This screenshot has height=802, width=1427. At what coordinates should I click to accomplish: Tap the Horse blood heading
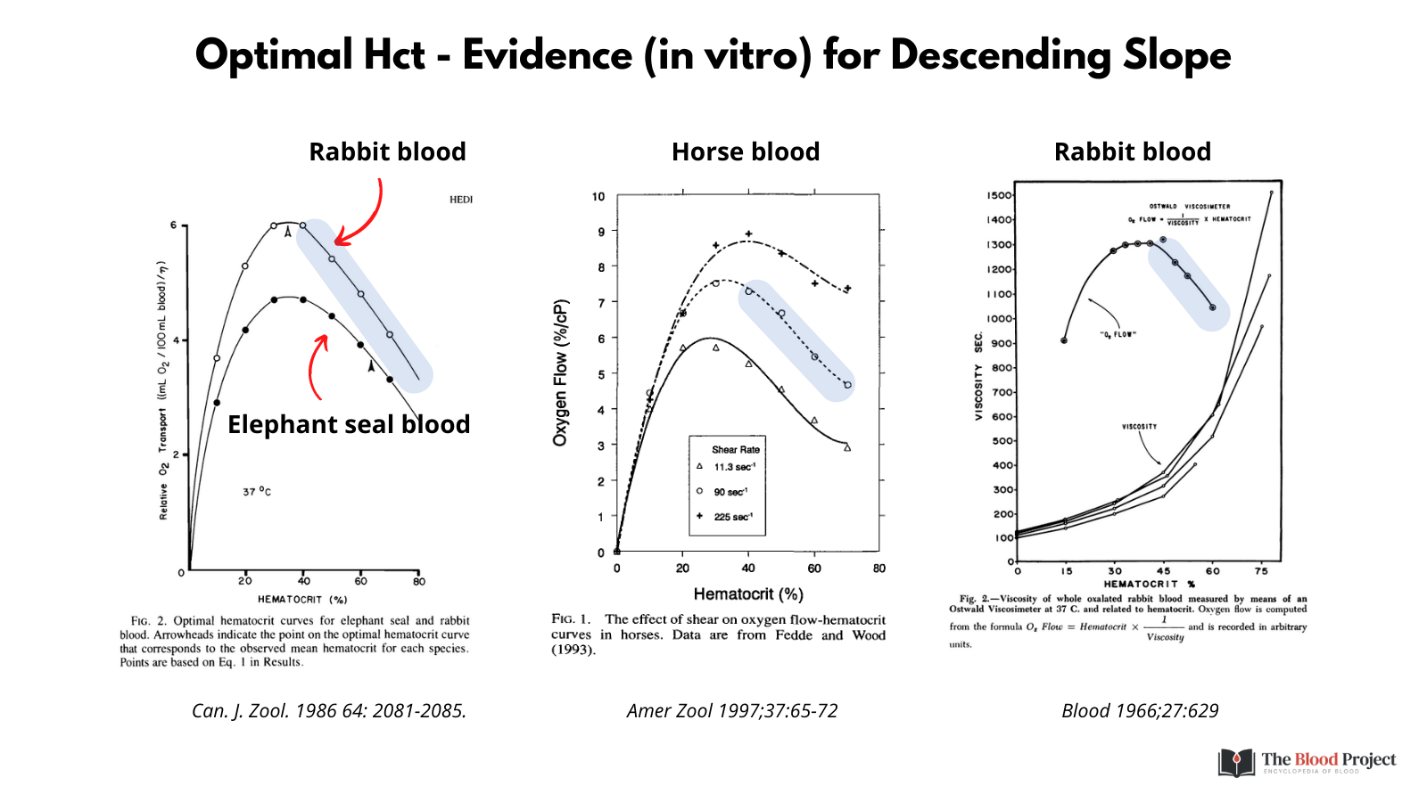click(x=746, y=152)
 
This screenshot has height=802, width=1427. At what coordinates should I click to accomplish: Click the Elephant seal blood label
click(x=349, y=424)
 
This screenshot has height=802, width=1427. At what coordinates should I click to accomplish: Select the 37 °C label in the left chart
click(x=257, y=491)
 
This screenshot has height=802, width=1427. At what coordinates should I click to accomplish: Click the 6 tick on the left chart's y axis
click(x=174, y=225)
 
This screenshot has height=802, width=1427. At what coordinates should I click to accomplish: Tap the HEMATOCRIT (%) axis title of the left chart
click(x=302, y=600)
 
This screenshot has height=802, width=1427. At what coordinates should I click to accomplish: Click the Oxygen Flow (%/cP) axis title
click(x=560, y=372)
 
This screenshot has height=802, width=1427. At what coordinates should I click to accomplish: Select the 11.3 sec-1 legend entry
click(x=733, y=467)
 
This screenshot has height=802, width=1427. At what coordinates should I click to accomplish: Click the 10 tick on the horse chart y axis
click(x=598, y=197)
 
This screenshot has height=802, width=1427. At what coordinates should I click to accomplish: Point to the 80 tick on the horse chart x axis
click(x=879, y=569)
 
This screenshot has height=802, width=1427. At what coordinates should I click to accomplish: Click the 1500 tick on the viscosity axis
click(x=999, y=195)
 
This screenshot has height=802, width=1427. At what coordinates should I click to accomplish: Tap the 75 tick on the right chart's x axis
click(x=1261, y=571)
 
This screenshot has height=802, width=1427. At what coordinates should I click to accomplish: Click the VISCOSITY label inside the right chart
click(x=1139, y=427)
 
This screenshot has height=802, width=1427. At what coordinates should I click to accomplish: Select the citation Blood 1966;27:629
click(x=1140, y=710)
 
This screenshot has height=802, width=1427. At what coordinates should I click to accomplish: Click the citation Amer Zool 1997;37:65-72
click(x=732, y=710)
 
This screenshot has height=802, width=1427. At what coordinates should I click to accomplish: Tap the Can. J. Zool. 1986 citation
click(x=329, y=710)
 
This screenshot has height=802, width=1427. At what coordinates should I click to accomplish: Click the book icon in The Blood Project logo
click(x=1237, y=763)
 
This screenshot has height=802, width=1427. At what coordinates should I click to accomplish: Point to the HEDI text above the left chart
click(x=461, y=200)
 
